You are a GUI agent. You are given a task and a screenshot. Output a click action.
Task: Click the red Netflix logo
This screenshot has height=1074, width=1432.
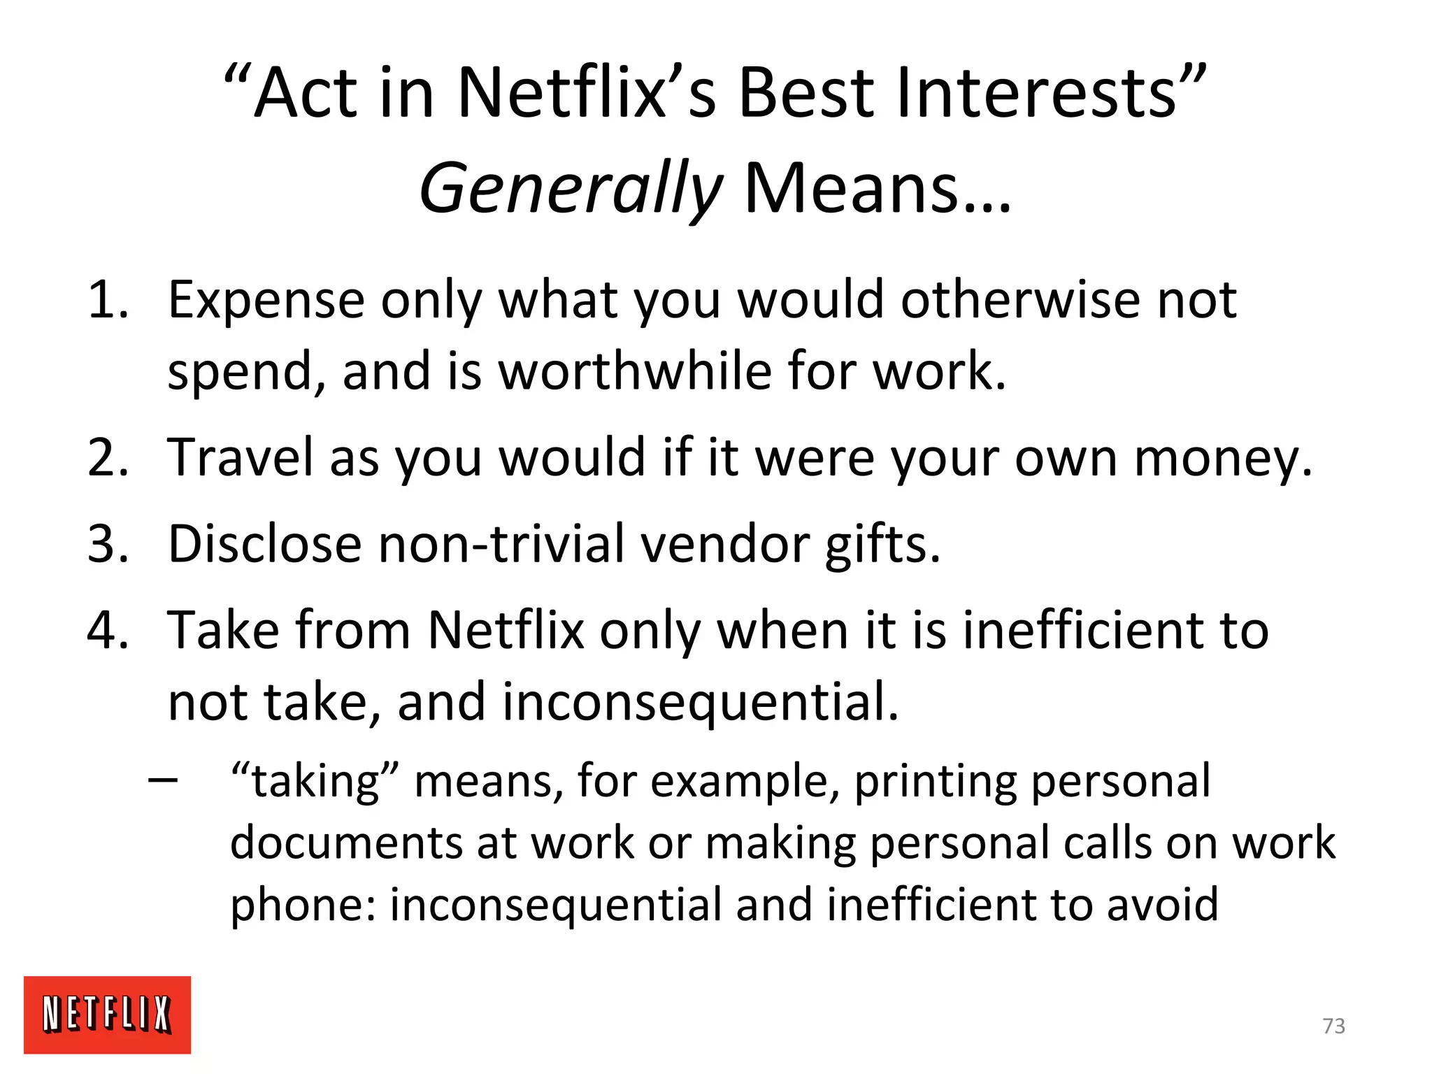pyautogui.click(x=107, y=1014)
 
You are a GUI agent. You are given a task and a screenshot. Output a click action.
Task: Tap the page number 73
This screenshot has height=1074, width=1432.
pyautogui.click(x=1333, y=1026)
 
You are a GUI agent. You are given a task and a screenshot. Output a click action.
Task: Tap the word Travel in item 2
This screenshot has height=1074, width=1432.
pyautogui.click(x=240, y=458)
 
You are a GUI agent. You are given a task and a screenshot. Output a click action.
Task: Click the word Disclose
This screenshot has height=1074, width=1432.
pyautogui.click(x=265, y=544)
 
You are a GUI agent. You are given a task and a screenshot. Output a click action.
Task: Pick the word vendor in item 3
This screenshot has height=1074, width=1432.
pyautogui.click(x=724, y=544)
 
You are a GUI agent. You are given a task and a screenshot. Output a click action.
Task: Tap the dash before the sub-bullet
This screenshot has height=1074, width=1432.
pyautogui.click(x=163, y=779)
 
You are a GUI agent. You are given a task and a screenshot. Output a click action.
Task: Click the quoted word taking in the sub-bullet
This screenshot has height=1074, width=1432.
pyautogui.click(x=315, y=782)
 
